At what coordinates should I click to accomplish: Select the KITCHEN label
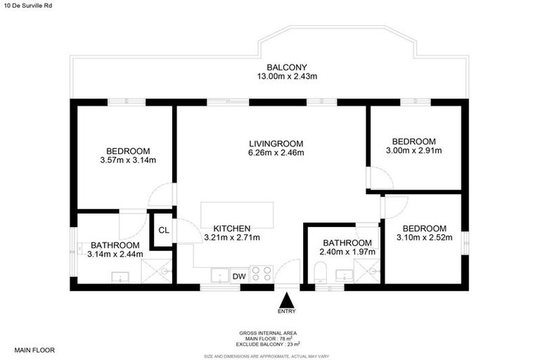[x=231, y=228]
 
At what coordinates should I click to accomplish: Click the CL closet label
[x=163, y=230]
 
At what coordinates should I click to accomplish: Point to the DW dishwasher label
[x=239, y=276]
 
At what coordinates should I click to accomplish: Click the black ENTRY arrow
[x=286, y=299]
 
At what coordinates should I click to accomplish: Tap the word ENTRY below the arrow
[x=286, y=311]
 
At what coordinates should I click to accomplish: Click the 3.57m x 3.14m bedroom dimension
[x=128, y=160]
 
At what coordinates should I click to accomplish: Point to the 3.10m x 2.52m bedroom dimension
[x=424, y=238]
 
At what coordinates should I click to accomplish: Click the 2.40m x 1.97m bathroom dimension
[x=347, y=252]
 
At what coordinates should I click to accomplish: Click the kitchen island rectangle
[x=237, y=214]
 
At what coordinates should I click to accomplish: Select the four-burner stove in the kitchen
[x=262, y=273]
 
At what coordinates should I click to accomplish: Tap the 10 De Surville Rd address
[x=26, y=6]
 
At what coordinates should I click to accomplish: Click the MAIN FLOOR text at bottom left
[x=34, y=349]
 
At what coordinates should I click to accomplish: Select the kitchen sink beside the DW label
[x=219, y=274]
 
